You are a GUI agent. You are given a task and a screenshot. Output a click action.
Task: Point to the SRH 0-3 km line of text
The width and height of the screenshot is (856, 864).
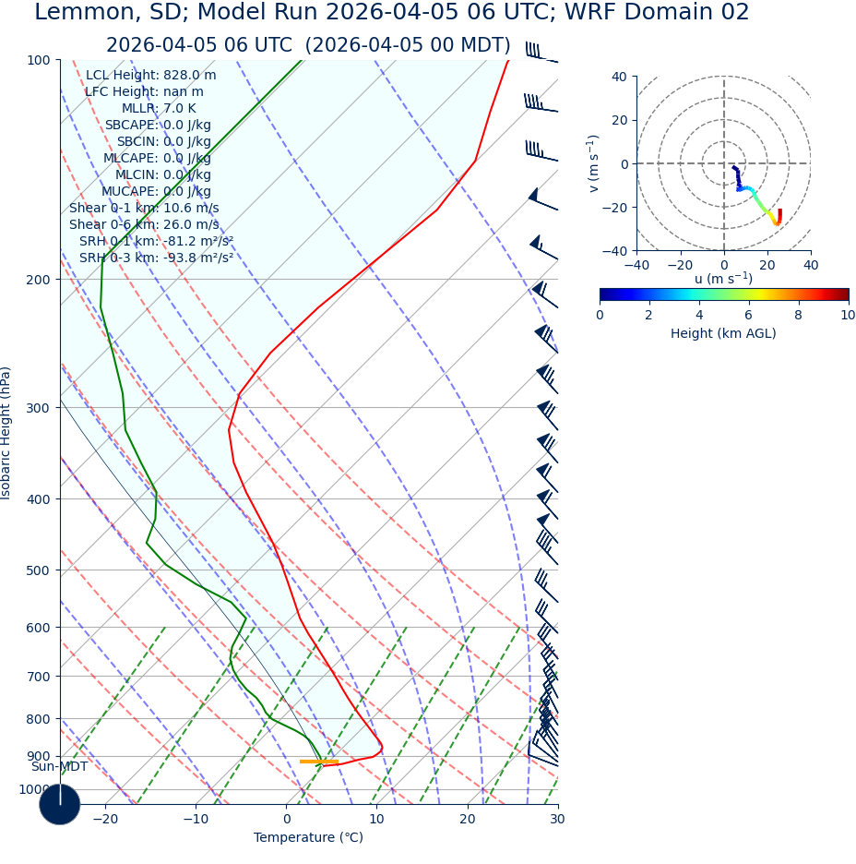(x=156, y=258)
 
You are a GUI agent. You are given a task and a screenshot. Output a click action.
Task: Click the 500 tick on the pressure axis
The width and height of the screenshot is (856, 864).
(x=40, y=570)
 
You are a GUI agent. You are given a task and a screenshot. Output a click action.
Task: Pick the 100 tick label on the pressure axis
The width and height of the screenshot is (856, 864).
(x=40, y=60)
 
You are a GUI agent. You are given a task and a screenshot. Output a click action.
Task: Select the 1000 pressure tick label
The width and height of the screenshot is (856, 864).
(x=35, y=789)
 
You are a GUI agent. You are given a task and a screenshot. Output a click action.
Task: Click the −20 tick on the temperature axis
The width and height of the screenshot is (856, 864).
(x=105, y=820)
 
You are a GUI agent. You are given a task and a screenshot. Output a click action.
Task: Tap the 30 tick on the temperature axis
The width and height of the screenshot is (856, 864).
(x=557, y=820)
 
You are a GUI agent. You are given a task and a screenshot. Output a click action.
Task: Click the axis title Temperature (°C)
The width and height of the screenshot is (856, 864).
(x=308, y=838)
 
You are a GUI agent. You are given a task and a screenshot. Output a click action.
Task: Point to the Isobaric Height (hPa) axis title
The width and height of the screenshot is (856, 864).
(x=7, y=433)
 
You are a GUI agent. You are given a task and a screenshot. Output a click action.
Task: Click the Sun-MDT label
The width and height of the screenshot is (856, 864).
(x=59, y=767)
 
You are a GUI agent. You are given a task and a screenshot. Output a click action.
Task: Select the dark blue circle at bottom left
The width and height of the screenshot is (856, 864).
(x=59, y=804)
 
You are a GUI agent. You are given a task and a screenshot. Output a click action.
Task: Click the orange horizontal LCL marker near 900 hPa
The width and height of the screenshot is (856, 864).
(x=318, y=762)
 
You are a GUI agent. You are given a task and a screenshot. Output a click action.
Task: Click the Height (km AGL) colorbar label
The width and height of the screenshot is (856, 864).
(x=723, y=333)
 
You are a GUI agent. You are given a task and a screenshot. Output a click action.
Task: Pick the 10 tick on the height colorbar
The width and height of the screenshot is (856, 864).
(x=847, y=315)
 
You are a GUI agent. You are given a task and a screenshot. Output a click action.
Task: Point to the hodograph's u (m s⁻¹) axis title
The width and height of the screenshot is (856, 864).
(x=723, y=279)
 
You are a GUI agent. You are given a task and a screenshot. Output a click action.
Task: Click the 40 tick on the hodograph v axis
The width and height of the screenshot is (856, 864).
(x=618, y=77)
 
